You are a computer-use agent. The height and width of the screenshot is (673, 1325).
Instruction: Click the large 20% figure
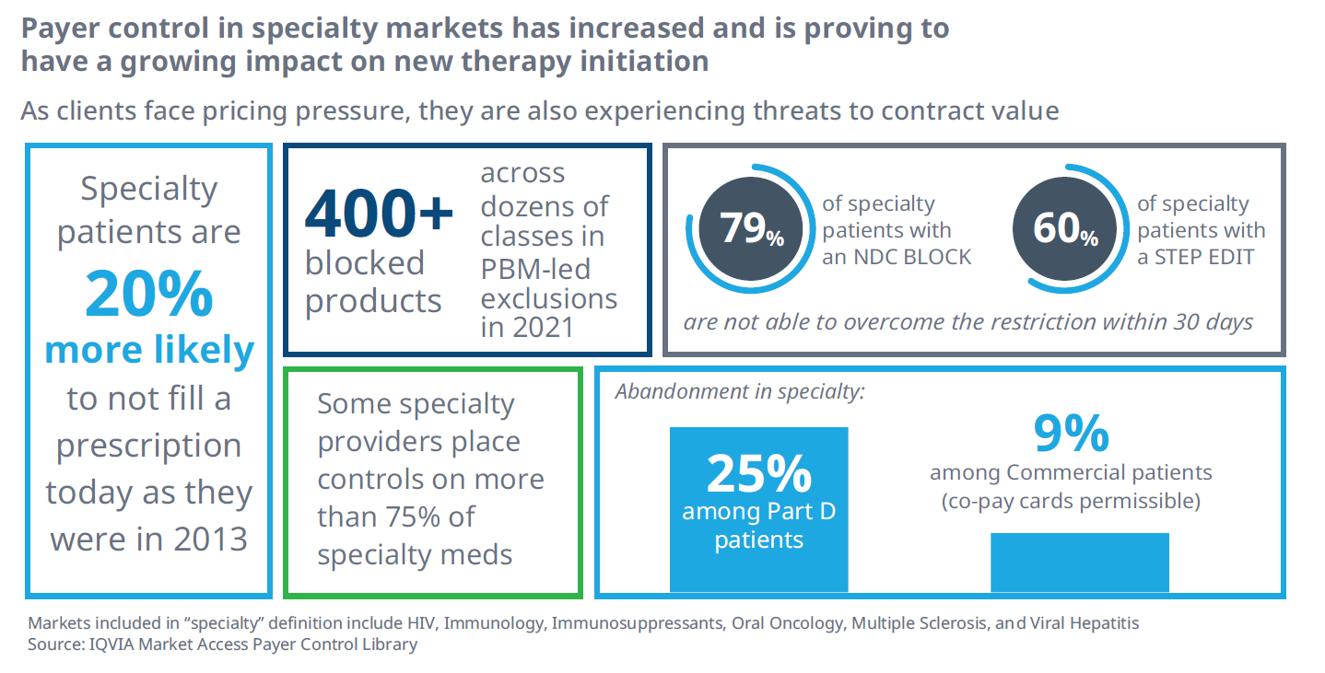pos(149,295)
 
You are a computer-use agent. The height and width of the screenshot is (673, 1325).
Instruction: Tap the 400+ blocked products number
pos(379,215)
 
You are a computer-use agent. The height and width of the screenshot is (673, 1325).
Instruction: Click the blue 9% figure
pos(1070,433)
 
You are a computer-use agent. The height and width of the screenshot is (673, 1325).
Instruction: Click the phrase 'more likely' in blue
pos(149,350)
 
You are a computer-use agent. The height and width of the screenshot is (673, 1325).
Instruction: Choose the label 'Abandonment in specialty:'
pos(740,391)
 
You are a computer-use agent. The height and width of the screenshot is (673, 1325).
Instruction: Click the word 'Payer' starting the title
pos(63,29)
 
